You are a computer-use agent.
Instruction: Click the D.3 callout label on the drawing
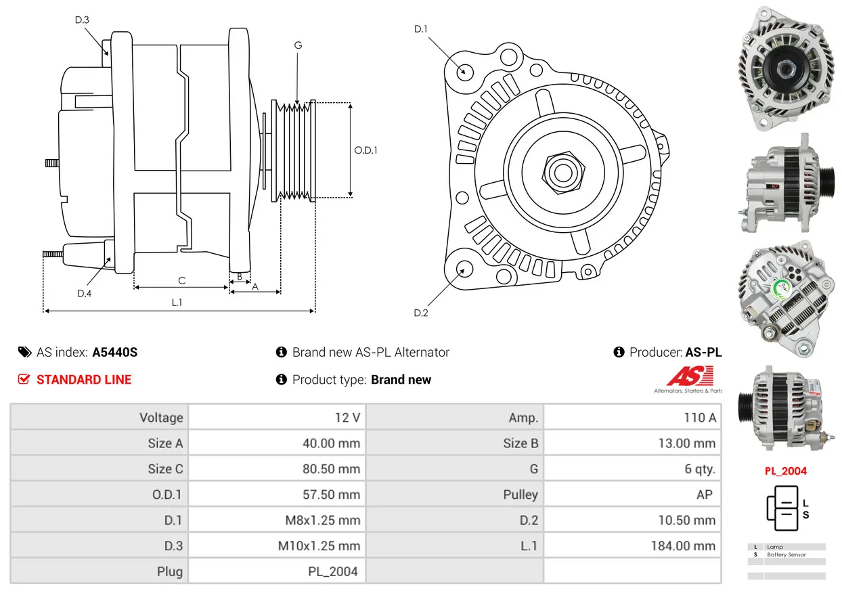pyautogui.click(x=82, y=20)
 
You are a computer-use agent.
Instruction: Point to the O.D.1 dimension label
pyautogui.click(x=365, y=150)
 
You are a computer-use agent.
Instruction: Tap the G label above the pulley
pyautogui.click(x=298, y=45)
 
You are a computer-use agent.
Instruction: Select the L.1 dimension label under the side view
pyautogui.click(x=177, y=303)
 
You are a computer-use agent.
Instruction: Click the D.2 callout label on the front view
pyautogui.click(x=420, y=313)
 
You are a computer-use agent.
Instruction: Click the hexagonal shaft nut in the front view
pyautogui.click(x=563, y=173)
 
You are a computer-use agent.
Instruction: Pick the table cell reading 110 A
pyautogui.click(x=700, y=418)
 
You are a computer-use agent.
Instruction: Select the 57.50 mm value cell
pyautogui.click(x=331, y=494)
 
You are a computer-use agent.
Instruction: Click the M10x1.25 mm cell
pyautogui.click(x=319, y=546)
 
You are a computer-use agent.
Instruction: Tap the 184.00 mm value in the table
pyautogui.click(x=683, y=546)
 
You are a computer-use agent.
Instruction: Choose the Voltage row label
pyautogui.click(x=161, y=418)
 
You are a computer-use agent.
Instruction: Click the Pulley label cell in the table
pyautogui.click(x=520, y=495)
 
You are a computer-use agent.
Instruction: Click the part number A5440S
pyautogui.click(x=115, y=352)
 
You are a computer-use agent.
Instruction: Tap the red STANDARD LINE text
pyautogui.click(x=84, y=380)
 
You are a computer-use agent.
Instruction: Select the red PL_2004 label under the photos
pyautogui.click(x=786, y=471)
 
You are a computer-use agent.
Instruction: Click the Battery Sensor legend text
pyautogui.click(x=786, y=554)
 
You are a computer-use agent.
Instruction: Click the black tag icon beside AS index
pyautogui.click(x=25, y=352)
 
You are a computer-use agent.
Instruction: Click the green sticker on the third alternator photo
pyautogui.click(x=781, y=288)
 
